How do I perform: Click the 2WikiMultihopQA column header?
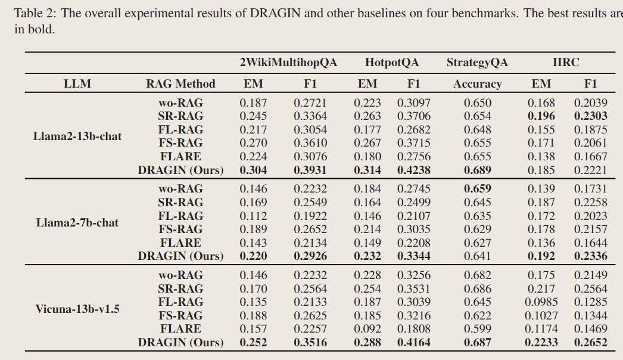pos(288,63)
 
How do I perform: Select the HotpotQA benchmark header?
pos(391,63)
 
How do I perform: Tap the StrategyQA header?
pos(477,63)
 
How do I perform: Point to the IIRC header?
pos(565,63)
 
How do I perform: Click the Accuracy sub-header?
pos(477,84)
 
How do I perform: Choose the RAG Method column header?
pos(180,84)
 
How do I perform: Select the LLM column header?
pos(77,84)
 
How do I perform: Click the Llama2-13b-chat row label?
pos(77,136)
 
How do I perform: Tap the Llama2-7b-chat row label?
pos(77,223)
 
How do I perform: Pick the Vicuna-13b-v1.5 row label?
pos(77,309)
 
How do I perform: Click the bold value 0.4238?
pos(414,170)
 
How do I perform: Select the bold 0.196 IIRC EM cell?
pos(541,116)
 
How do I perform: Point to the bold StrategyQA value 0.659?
pos(478,189)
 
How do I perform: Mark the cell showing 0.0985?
pos(541,302)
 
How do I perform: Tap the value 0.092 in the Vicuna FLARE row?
pos(367,329)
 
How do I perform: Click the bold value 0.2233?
pos(541,343)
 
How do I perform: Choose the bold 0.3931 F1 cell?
pos(310,170)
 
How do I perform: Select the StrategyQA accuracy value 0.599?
pos(478,329)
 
